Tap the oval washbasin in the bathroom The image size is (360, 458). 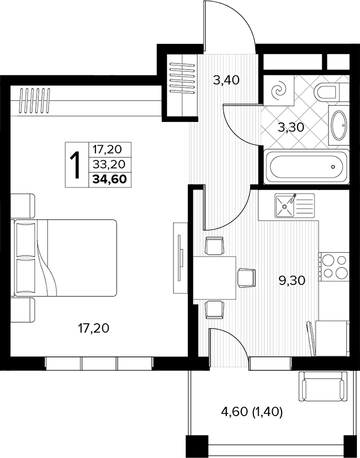(x=339, y=125)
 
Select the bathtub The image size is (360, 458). (x=306, y=167)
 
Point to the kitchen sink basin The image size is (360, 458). (x=285, y=206)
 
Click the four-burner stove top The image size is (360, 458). (x=334, y=266)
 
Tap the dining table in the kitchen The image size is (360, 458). (x=214, y=278)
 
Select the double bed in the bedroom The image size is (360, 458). (x=64, y=258)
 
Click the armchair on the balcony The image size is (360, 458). (x=323, y=386)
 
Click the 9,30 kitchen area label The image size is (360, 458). (x=292, y=281)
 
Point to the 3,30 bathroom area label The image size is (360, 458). (x=291, y=128)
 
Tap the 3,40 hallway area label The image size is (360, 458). (x=226, y=80)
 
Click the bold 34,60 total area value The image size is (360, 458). (x=109, y=179)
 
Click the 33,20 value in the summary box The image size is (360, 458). (x=108, y=165)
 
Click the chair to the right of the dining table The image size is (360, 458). (x=246, y=278)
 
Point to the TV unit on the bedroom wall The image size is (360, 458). (x=180, y=258)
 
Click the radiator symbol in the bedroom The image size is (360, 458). (x=35, y=101)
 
